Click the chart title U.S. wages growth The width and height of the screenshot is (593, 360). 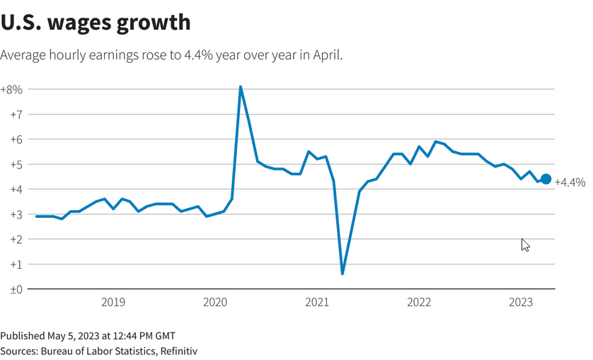click(x=96, y=22)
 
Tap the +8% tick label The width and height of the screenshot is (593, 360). click(x=12, y=90)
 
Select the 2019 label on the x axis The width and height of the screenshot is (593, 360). click(x=113, y=303)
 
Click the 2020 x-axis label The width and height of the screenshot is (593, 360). click(x=215, y=303)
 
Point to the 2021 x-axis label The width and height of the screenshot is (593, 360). click(x=317, y=303)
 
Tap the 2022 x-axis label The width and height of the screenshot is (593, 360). click(x=419, y=303)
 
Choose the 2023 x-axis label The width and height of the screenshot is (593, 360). click(x=521, y=303)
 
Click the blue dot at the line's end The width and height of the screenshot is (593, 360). click(x=546, y=180)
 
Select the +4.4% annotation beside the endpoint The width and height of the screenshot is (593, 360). click(x=570, y=182)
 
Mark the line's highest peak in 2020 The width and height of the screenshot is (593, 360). click(x=241, y=87)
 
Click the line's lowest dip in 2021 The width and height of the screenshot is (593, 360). click(x=342, y=273)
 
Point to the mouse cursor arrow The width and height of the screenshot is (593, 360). click(x=524, y=244)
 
